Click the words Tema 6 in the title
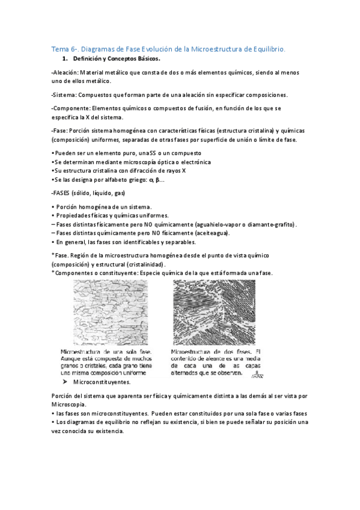point(61,49)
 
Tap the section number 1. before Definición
point(66,59)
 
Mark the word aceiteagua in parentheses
point(210,233)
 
